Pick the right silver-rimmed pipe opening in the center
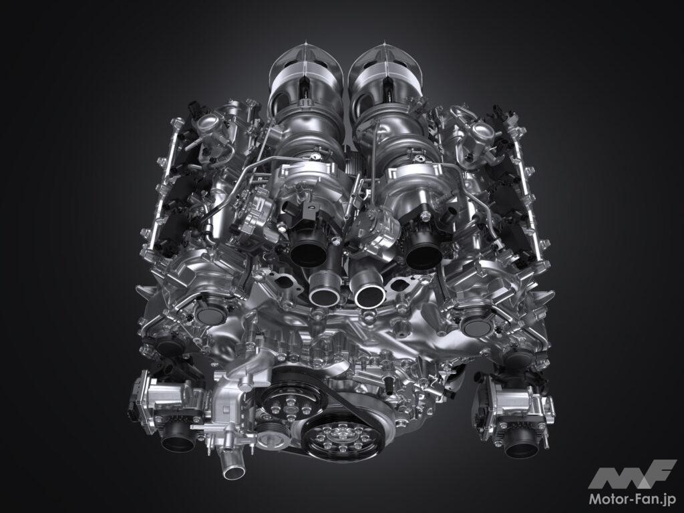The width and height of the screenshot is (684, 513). coord(370,295)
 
